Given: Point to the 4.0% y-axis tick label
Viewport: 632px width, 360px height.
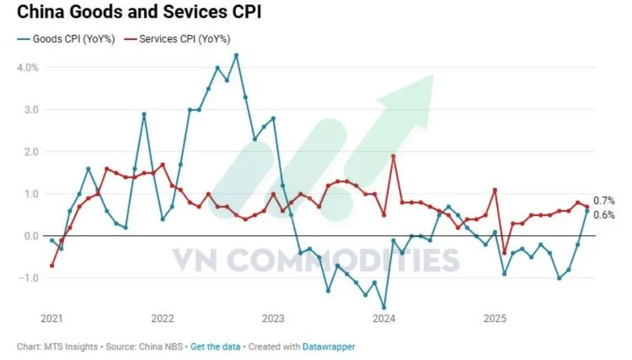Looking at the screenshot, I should (27, 67).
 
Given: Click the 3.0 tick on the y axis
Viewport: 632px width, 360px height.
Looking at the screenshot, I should (31, 109).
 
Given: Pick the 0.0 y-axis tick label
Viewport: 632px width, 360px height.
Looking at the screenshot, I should (31, 236).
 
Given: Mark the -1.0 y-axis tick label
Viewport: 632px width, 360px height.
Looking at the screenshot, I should (29, 278).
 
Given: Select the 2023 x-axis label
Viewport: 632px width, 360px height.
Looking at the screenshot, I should (272, 318).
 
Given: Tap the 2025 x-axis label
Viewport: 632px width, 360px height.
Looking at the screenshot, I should (495, 318).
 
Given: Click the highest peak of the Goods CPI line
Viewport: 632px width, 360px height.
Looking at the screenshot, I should (236, 55).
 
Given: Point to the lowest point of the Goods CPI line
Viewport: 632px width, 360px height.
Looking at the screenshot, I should (383, 307).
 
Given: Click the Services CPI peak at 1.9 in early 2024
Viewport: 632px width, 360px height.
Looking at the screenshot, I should (393, 156).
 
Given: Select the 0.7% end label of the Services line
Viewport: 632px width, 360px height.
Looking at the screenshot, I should (604, 201).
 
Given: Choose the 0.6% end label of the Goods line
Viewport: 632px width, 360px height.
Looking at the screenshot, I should (604, 215).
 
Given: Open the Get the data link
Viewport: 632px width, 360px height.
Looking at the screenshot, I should (216, 347).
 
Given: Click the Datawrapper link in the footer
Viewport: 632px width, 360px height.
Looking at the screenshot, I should (329, 347).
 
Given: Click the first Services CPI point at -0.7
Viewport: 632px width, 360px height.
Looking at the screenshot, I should (52, 265).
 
